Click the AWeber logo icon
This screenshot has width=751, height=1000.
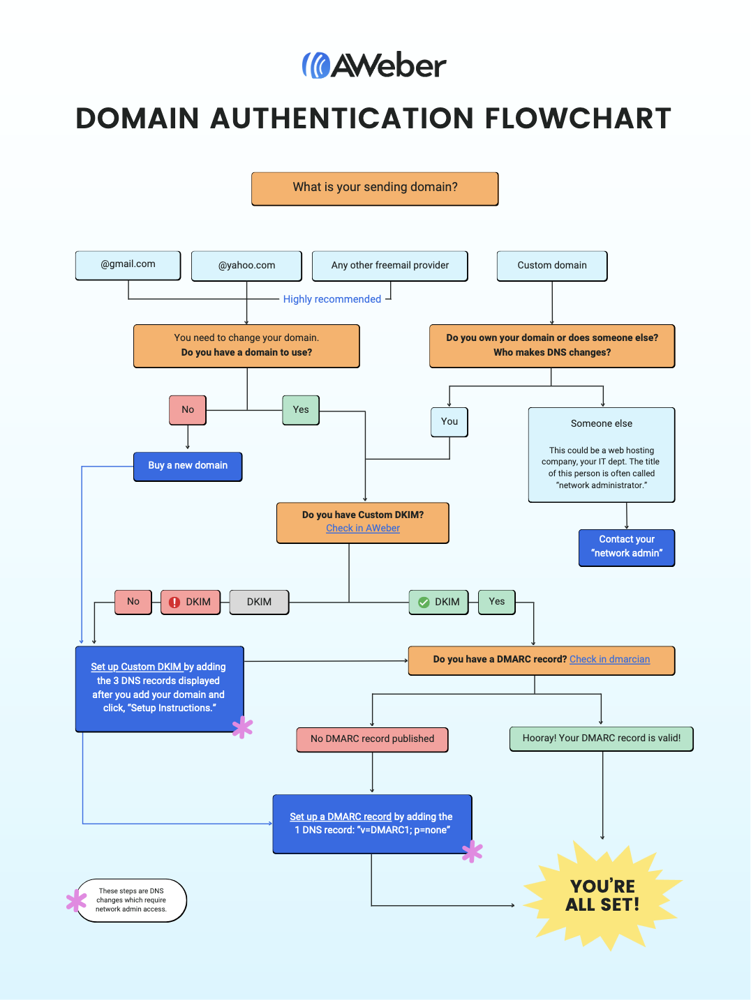(315, 66)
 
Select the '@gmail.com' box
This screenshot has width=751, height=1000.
(128, 265)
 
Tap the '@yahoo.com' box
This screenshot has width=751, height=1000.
(246, 266)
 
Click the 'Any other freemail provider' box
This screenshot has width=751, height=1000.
(389, 266)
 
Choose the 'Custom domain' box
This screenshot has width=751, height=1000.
(551, 266)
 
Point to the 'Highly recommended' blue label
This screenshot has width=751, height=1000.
(332, 299)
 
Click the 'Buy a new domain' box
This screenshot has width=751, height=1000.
(188, 466)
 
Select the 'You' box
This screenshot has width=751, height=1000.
(449, 422)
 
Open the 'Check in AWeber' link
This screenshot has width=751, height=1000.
(363, 529)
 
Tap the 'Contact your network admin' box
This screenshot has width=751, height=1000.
(626, 547)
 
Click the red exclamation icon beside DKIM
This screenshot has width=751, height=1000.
(174, 603)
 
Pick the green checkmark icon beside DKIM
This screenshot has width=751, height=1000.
(424, 603)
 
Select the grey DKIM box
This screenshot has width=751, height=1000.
(259, 602)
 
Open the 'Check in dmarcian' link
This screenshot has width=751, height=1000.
(609, 660)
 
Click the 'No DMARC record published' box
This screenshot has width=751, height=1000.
(372, 739)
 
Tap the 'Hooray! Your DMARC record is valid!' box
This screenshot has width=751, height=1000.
(601, 738)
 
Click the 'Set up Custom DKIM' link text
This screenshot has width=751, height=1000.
(136, 667)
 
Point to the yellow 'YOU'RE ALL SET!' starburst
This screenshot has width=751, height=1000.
(602, 896)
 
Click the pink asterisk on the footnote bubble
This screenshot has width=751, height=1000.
(75, 900)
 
